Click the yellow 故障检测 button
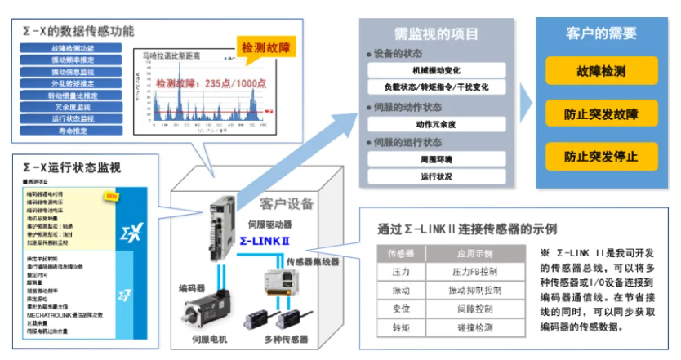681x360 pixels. tap(601, 72)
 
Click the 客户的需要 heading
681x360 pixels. tap(601, 34)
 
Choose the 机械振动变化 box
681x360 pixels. tap(436, 70)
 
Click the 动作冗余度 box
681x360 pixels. tap(436, 125)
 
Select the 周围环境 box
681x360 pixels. tap(436, 159)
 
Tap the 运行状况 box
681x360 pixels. tap(436, 176)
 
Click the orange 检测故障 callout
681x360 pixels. tap(264, 50)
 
